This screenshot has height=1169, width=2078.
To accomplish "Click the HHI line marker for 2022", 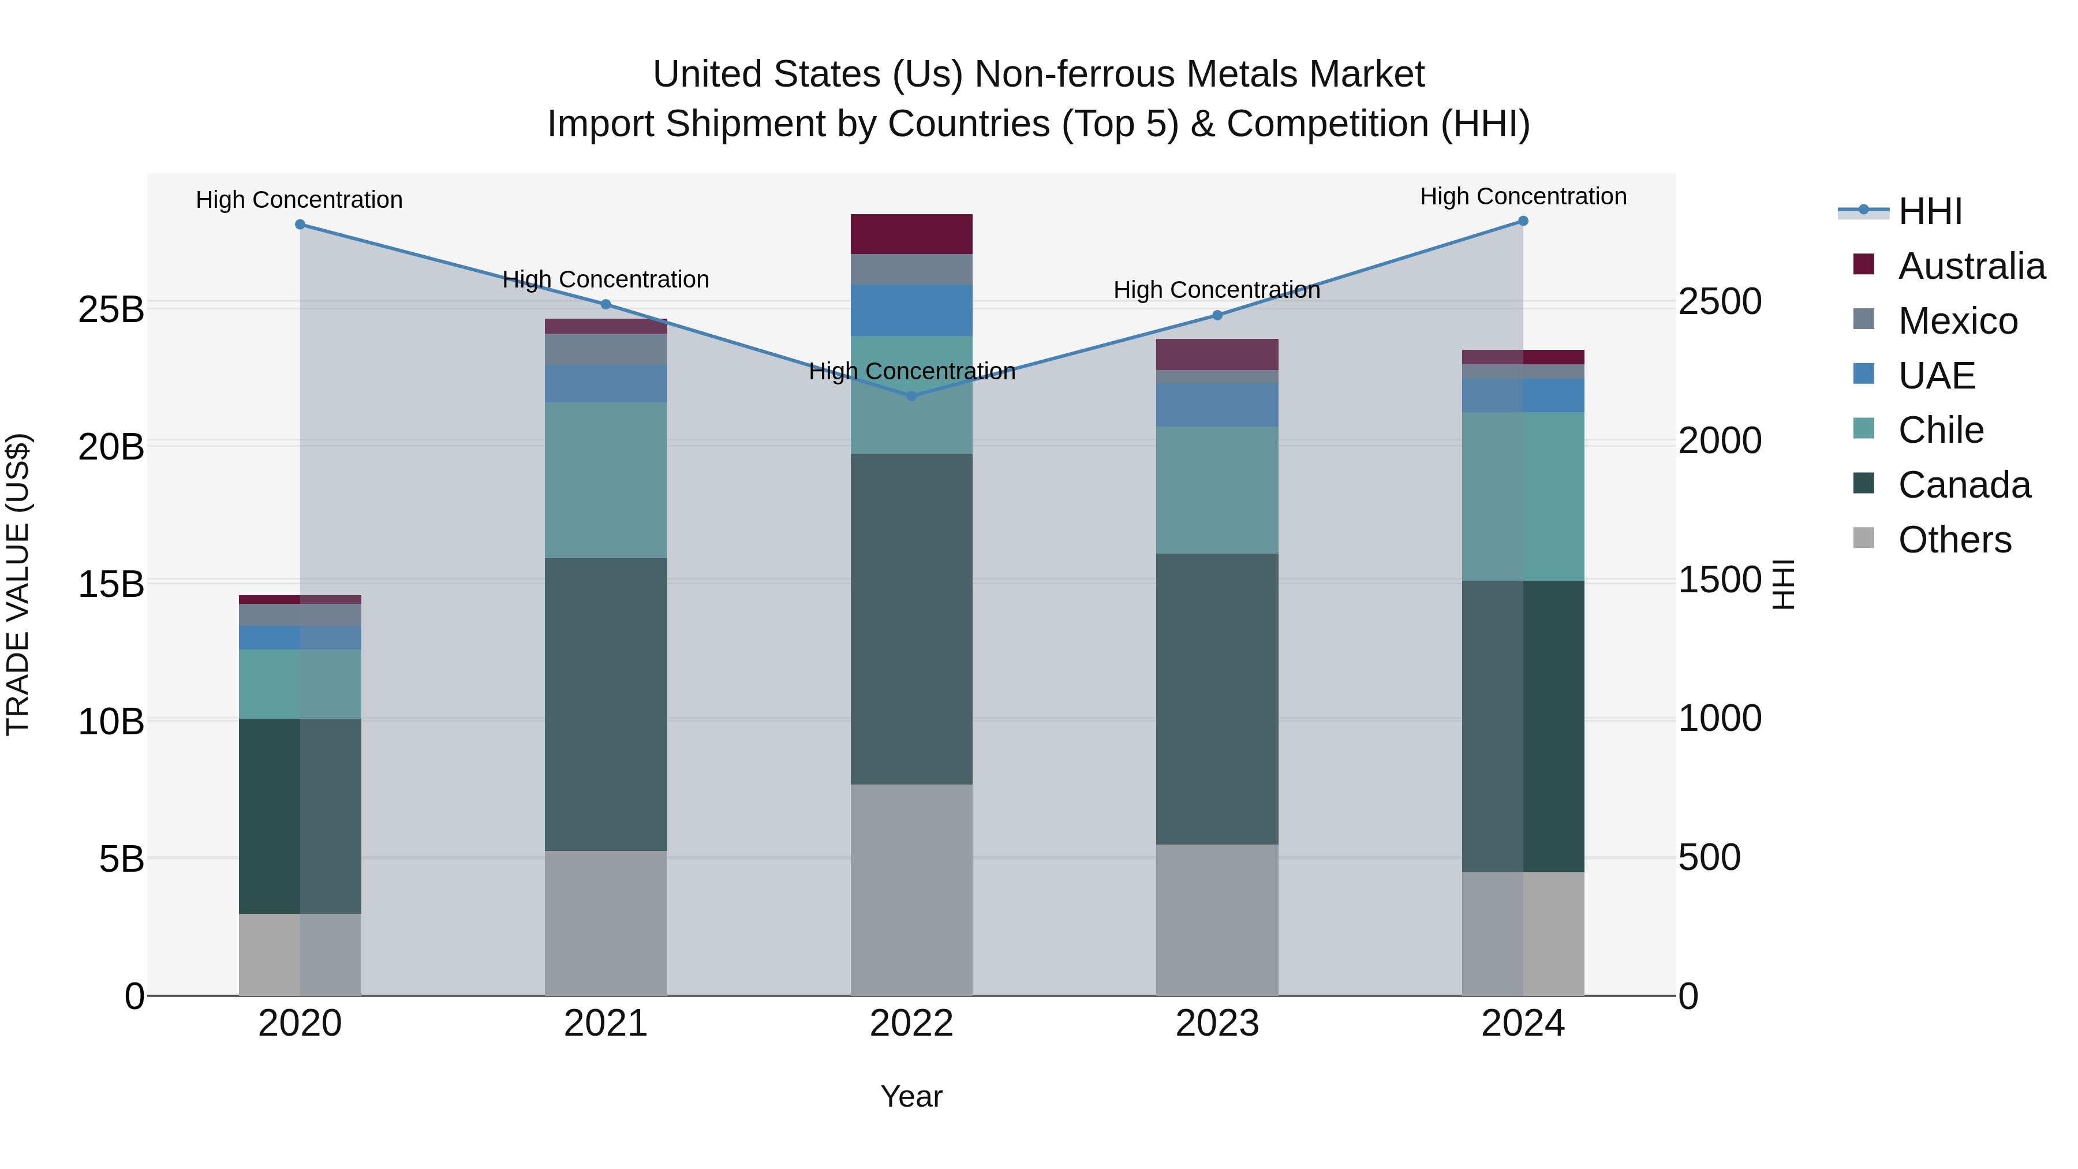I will [x=911, y=396].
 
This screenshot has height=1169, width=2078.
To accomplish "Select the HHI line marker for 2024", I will [x=1523, y=221].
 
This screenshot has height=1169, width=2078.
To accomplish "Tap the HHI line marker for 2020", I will [x=300, y=225].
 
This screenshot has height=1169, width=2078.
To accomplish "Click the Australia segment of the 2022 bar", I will [x=911, y=234].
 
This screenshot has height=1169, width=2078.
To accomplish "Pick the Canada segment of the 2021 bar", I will [x=606, y=704].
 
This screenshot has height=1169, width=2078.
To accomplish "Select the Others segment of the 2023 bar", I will [x=1217, y=920].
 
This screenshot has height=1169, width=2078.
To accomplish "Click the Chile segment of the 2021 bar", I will [x=606, y=480].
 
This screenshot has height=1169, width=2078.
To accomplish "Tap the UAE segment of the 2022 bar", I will [x=911, y=310].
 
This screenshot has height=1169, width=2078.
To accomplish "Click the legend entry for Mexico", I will [x=1958, y=321].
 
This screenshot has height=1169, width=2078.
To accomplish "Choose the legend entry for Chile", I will [x=1940, y=430].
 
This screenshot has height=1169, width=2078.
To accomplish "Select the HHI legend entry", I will [x=1930, y=211].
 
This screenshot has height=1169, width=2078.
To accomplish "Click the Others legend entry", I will [x=1954, y=540].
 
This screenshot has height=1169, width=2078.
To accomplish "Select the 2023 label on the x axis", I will [x=1217, y=1024].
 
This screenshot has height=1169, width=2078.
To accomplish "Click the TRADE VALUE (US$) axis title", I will [x=18, y=585].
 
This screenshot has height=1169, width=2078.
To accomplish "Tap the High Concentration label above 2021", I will [x=606, y=280].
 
